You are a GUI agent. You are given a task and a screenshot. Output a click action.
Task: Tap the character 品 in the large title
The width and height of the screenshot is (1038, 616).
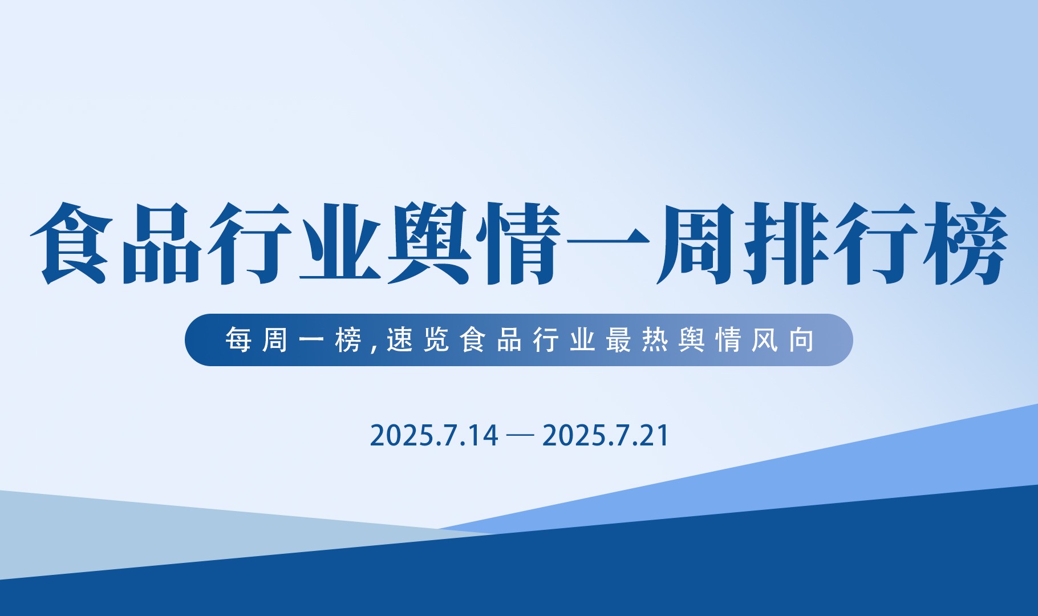[162, 244]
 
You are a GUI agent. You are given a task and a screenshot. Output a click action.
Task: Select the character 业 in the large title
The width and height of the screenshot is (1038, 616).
[340, 244]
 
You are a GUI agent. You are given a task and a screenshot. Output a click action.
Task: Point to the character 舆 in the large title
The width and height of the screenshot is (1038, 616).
[429, 244]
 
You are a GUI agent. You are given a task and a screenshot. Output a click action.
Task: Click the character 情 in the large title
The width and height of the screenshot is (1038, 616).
[519, 244]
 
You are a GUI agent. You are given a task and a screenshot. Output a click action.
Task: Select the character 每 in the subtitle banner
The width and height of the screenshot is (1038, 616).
[238, 340]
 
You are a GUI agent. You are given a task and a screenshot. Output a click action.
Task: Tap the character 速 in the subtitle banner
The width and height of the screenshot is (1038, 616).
[399, 340]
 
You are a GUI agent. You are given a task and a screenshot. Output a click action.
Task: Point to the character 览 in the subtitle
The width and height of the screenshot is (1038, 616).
[436, 340]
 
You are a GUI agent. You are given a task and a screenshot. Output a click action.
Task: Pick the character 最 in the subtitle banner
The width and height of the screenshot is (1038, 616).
[619, 340]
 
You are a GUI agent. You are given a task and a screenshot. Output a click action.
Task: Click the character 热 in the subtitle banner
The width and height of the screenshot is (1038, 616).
[655, 340]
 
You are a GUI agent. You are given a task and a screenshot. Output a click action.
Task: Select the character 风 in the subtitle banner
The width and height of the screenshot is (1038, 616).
[765, 340]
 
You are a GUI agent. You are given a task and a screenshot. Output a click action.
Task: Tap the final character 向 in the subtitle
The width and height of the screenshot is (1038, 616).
[801, 340]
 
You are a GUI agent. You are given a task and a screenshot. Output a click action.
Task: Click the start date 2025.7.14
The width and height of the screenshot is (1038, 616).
[434, 436]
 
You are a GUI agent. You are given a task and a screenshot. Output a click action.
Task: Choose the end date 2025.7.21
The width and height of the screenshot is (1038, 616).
[606, 436]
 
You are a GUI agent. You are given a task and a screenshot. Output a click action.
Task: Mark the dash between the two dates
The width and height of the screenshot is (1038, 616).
[520, 436]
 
